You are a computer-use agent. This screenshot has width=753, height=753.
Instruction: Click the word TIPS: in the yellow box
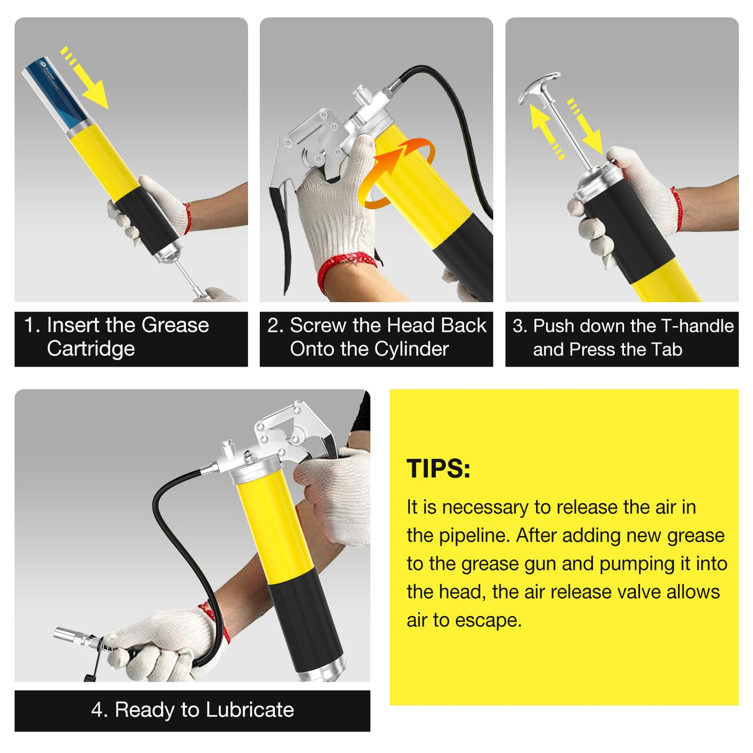click(x=438, y=469)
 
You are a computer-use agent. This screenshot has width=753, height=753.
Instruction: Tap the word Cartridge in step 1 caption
click(x=91, y=349)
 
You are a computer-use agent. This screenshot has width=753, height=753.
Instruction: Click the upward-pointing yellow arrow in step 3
click(x=545, y=127)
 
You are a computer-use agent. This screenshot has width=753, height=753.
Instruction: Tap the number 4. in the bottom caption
click(x=99, y=710)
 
